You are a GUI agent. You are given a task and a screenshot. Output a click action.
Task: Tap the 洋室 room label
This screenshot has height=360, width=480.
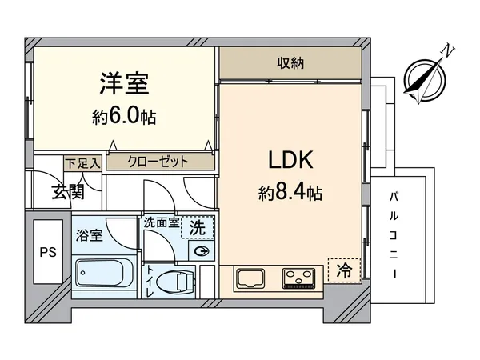(124, 84)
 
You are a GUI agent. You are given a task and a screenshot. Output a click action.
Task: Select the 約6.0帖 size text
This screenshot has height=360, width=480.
(124, 117)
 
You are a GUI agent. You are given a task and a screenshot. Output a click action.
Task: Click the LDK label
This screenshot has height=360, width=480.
(290, 159)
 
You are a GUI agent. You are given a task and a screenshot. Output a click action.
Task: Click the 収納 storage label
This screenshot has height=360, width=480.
(290, 62)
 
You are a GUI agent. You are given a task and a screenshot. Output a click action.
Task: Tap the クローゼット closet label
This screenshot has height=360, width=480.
(158, 162)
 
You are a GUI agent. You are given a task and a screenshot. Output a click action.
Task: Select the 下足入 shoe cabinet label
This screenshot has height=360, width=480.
(83, 163)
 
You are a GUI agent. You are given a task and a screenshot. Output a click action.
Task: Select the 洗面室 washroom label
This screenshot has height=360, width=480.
(160, 223)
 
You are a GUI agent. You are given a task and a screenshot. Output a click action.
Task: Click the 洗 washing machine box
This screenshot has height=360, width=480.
(196, 228)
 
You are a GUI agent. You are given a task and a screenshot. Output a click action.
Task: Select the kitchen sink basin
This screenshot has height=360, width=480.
(251, 279)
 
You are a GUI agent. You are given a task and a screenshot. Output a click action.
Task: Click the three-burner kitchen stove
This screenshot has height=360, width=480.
(298, 279)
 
